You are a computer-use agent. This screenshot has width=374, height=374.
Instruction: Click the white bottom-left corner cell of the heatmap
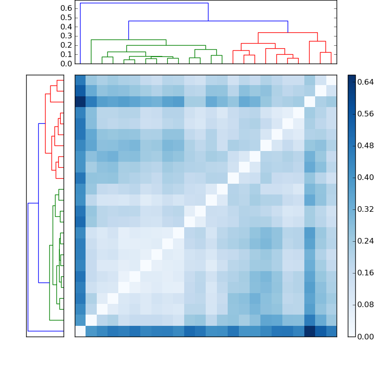click(x=80, y=331)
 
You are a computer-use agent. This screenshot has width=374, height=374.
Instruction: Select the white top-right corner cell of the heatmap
click(x=331, y=80)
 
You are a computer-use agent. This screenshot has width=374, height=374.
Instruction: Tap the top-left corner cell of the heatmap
click(x=80, y=80)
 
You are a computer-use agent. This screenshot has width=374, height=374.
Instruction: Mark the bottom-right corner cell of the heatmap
click(x=331, y=331)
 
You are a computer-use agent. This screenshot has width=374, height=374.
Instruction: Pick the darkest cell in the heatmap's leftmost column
click(x=80, y=102)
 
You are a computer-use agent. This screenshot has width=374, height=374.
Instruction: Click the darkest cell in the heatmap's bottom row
click(x=309, y=331)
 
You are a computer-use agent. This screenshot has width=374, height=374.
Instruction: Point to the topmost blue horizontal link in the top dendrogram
click(x=144, y=3)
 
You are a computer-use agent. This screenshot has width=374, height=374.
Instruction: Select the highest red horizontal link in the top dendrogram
click(x=288, y=33)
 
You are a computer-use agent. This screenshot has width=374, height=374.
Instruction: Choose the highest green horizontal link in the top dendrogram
click(x=129, y=40)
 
